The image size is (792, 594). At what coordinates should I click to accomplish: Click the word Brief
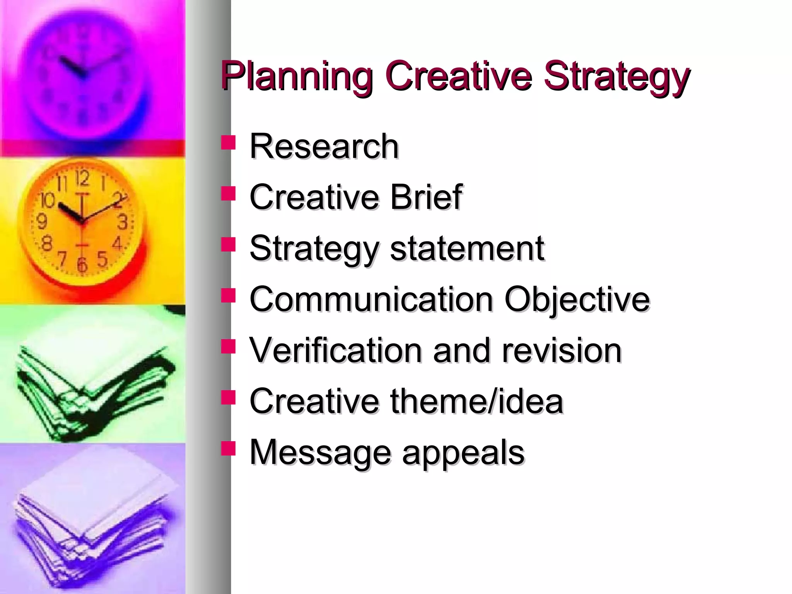426,197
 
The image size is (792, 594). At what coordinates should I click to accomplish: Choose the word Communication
371,299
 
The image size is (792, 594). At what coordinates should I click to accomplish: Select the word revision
561,350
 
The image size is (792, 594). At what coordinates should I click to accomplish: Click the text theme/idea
476,401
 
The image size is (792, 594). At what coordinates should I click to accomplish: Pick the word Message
320,452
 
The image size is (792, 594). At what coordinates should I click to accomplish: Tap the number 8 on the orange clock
47,244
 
